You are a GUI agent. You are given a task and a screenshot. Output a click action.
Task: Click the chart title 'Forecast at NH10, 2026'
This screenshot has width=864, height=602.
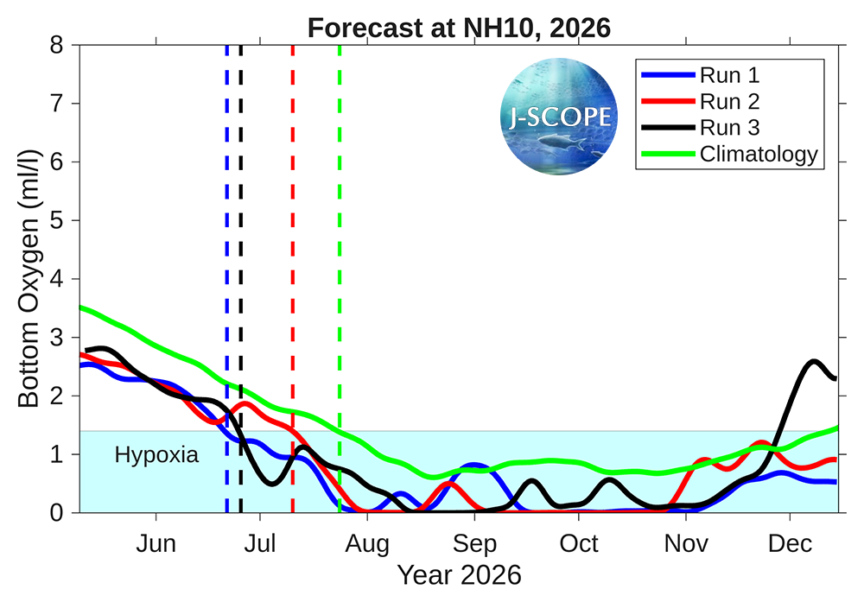(459, 28)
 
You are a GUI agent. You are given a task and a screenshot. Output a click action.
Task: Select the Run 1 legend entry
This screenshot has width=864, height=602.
(701, 75)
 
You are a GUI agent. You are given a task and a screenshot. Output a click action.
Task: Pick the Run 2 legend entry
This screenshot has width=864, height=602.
(701, 101)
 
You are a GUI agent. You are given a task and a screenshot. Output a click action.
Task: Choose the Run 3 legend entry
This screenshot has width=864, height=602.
(701, 128)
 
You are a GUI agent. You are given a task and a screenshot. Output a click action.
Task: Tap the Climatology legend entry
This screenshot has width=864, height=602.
(730, 155)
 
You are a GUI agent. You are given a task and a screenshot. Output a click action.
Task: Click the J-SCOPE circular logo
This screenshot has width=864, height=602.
(559, 117)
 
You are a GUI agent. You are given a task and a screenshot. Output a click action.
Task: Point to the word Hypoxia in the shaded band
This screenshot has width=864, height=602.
(156, 455)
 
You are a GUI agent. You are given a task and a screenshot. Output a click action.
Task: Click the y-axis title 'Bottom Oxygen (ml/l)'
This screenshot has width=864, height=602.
(29, 278)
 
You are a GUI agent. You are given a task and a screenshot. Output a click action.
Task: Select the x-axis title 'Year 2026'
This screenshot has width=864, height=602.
(459, 575)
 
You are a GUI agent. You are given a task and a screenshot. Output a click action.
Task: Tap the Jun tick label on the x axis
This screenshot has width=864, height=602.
(156, 543)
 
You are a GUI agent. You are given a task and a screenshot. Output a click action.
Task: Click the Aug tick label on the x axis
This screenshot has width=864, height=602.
(367, 544)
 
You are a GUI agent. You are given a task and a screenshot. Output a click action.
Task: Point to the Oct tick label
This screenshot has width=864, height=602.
(579, 543)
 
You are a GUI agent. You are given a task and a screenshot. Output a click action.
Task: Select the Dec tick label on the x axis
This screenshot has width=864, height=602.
(791, 543)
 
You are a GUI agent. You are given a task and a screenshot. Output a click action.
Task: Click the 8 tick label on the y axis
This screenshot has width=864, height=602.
(57, 45)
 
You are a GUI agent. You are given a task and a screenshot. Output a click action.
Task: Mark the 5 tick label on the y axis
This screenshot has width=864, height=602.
(57, 220)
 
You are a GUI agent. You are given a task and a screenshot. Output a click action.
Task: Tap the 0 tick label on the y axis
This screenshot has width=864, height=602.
(57, 513)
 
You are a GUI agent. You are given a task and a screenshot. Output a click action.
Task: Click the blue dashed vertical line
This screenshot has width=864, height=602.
(227, 279)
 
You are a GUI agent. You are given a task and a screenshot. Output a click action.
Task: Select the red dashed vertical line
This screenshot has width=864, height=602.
(293, 279)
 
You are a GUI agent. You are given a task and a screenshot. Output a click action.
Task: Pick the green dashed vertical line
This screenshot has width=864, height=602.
(340, 279)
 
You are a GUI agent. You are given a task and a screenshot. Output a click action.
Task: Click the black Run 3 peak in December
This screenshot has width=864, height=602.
(814, 361)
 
